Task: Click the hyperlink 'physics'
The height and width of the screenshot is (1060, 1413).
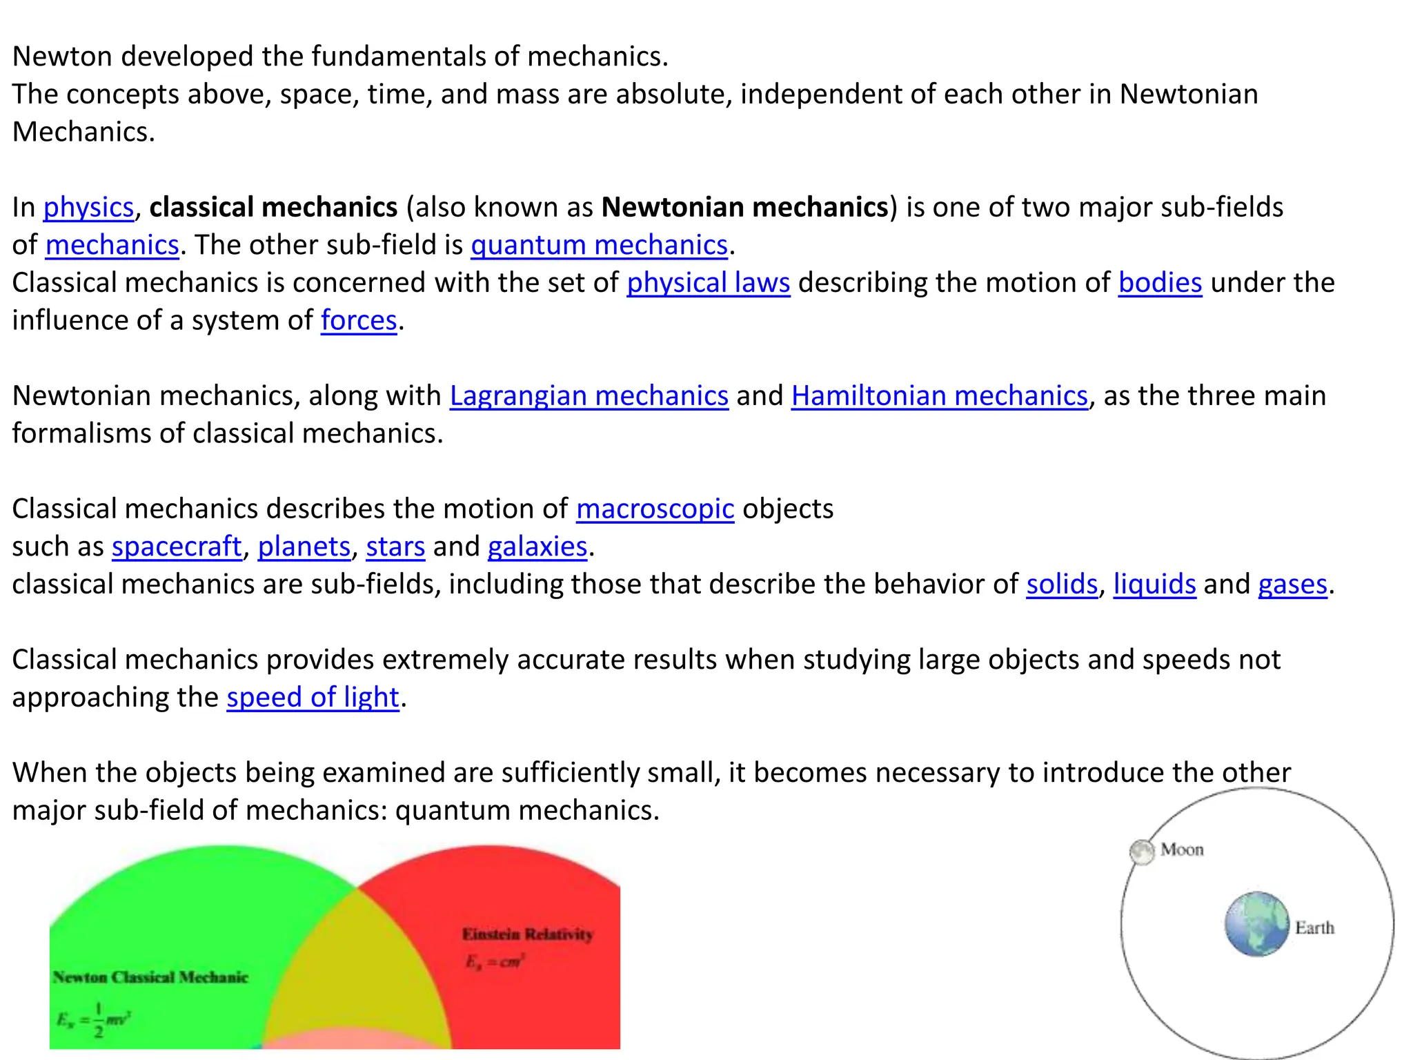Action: click(x=88, y=208)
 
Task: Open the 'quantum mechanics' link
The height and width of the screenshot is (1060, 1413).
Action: click(x=599, y=246)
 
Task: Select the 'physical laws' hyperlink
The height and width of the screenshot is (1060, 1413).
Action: click(x=708, y=284)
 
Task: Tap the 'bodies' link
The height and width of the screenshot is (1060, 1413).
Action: click(x=1160, y=284)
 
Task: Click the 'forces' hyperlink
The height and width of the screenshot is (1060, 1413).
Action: click(x=359, y=321)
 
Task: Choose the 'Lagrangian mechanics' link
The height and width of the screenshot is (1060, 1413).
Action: click(x=589, y=396)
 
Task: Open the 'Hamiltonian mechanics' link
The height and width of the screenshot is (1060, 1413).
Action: click(x=939, y=396)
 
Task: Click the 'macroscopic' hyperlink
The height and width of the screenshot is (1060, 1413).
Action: click(x=655, y=509)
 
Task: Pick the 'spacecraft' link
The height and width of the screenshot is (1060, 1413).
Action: click(x=177, y=547)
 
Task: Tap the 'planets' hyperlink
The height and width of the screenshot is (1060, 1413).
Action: click(x=304, y=547)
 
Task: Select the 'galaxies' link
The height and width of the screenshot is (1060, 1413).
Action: click(x=537, y=547)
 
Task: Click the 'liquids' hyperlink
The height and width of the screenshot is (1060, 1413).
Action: click(x=1154, y=585)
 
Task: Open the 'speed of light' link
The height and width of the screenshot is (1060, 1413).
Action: click(x=313, y=698)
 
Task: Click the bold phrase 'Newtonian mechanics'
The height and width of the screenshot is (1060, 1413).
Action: click(x=744, y=208)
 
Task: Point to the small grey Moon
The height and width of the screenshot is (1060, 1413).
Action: click(x=1142, y=852)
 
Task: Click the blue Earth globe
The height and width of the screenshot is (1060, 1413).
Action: click(x=1256, y=924)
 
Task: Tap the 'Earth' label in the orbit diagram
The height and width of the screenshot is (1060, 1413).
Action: click(x=1314, y=928)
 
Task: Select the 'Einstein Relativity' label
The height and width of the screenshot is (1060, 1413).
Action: click(x=527, y=934)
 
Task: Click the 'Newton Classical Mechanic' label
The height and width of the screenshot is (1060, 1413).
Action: click(x=150, y=977)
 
